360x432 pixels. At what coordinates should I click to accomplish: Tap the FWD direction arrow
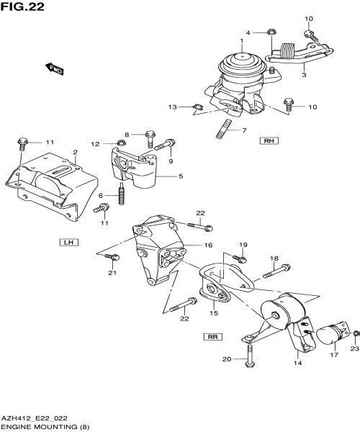coord(55,68)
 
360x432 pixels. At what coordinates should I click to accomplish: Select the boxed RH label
coord(269,141)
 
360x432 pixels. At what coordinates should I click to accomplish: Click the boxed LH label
coord(68,242)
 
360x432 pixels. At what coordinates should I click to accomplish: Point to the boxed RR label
coord(212,336)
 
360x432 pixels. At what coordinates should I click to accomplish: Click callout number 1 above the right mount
coord(242,41)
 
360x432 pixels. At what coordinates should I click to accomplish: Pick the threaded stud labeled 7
coord(223,132)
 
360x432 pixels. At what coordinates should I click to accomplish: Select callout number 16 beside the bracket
coord(207,246)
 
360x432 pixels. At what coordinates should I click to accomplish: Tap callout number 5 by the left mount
coord(180,176)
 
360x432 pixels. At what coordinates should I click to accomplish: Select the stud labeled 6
coord(123,195)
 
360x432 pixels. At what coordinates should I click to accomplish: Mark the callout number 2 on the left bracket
coord(74,152)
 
